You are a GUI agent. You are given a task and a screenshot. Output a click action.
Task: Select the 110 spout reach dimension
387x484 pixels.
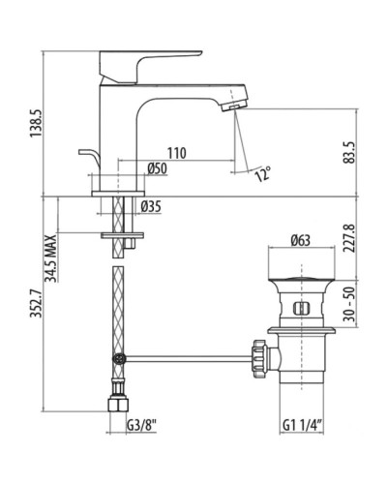(175, 154)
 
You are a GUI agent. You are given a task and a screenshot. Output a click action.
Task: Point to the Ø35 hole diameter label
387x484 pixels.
(150, 205)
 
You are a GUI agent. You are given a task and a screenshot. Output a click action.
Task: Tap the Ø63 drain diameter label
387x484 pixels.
(300, 241)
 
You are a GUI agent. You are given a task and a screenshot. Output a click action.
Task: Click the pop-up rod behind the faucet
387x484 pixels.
(86, 156)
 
